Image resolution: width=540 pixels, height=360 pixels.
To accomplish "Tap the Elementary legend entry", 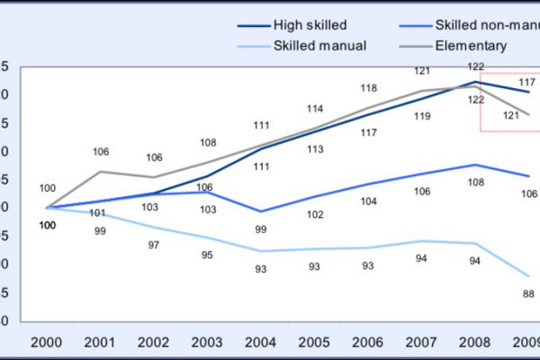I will click(471, 45).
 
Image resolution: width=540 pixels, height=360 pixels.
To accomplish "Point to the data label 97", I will click(154, 245).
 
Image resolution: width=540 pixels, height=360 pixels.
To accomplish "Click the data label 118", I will click(367, 88).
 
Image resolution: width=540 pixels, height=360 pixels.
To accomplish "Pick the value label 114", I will click(314, 109).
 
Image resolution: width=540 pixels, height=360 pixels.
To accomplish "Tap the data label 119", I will click(422, 116).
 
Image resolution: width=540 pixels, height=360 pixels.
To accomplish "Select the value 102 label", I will click(314, 214).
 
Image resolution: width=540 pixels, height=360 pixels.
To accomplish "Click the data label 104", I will click(368, 202).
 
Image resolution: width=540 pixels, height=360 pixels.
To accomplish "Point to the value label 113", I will click(314, 149).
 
